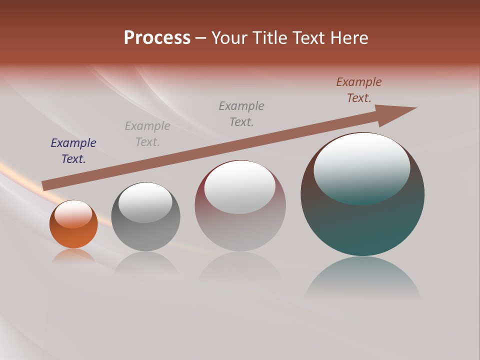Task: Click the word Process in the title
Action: coord(157,38)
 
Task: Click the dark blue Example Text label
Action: coord(73,151)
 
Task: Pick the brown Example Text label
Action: coord(359,90)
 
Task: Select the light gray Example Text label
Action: coord(147,134)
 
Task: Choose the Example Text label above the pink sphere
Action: coord(241,114)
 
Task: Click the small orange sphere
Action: coord(73,235)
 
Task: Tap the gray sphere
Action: coord(145,235)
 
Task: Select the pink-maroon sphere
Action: coord(240,230)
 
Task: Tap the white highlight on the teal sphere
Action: coord(362,167)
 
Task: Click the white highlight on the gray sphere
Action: coord(145,202)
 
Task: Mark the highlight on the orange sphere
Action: coord(73,214)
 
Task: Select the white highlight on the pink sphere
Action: coord(240,187)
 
